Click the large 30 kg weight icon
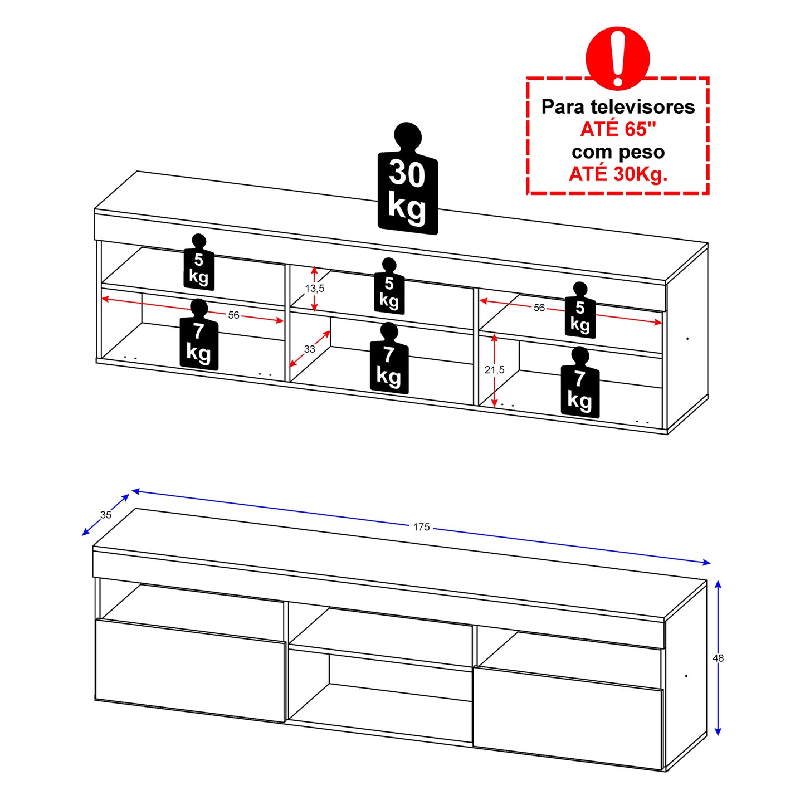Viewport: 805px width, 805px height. coord(407,179)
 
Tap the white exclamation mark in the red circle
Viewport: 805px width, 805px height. coord(617,57)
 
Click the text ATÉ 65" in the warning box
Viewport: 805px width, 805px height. coord(618,129)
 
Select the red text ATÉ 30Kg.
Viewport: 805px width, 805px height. coord(618,174)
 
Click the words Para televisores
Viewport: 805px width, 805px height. coord(618,107)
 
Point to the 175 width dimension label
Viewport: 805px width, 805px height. coord(421,527)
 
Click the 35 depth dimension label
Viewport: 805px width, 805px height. coord(106,515)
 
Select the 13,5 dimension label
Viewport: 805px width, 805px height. coord(315,288)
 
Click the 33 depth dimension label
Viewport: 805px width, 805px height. coord(309,349)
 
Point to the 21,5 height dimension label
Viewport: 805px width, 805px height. coord(494,370)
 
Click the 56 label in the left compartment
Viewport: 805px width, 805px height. coord(233,315)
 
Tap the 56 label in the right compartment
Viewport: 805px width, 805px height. coord(539,308)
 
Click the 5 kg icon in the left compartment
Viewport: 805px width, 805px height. coord(199,262)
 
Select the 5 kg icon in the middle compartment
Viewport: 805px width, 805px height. coord(389,286)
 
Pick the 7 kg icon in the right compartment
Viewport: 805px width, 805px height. coord(580,383)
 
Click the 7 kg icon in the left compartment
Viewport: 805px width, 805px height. coord(199,335)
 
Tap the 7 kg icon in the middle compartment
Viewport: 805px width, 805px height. coord(389,358)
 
